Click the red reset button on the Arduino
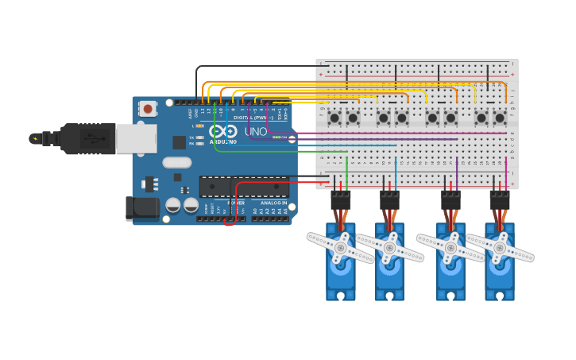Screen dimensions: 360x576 point(148,109)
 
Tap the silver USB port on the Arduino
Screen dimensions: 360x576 point(136,138)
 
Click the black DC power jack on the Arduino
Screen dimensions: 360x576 point(142,208)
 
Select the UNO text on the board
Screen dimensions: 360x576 point(256,131)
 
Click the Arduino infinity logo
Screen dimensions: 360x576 point(223,131)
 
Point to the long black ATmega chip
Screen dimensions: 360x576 point(244,187)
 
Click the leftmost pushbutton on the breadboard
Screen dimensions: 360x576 point(334,118)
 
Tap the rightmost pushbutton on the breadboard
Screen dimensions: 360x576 point(500,118)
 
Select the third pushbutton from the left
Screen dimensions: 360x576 point(384,118)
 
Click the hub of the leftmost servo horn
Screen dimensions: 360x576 point(340,247)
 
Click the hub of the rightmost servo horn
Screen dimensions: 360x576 point(500,247)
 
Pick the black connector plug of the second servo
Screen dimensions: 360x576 point(389,200)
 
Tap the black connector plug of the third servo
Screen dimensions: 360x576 point(450,200)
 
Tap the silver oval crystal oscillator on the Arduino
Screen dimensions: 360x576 point(176,162)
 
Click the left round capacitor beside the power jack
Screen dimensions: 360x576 point(172,205)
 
